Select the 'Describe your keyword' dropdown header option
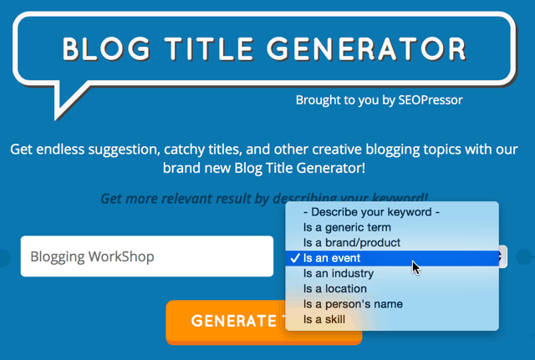371,212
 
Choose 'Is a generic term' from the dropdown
349,227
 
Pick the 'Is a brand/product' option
352,242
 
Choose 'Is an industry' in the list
339,273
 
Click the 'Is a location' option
335,289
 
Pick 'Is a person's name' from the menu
353,304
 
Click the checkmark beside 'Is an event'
295,258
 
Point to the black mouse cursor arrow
415,267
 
